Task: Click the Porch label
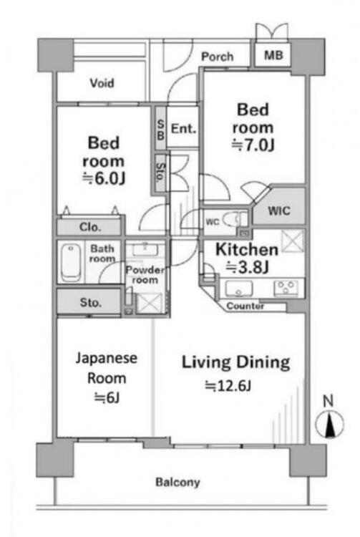point(218,57)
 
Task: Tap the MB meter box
point(273,55)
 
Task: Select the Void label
point(102,83)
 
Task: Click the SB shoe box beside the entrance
point(160,129)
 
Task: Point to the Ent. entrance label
point(183,129)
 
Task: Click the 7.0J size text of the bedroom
point(253,146)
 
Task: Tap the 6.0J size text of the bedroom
point(104,178)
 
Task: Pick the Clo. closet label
point(90,227)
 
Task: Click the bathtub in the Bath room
point(70,262)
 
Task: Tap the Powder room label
point(145,275)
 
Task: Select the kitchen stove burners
point(286,288)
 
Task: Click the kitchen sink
point(239,289)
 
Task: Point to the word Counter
point(245,306)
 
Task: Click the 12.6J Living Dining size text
point(228,386)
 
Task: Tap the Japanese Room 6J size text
point(107,397)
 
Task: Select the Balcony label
point(177,482)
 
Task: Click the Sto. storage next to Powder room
point(89,302)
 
